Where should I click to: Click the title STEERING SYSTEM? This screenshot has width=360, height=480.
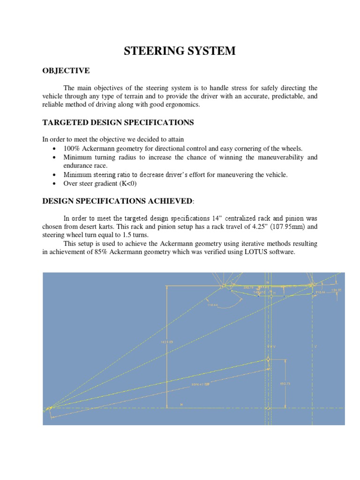click(180, 52)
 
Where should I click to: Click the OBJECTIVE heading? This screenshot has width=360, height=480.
click(66, 70)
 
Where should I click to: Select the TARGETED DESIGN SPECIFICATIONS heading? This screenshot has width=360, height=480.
click(118, 122)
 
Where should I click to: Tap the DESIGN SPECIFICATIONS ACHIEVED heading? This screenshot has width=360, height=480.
click(117, 201)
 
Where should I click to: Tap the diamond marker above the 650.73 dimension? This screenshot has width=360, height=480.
click(268, 360)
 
